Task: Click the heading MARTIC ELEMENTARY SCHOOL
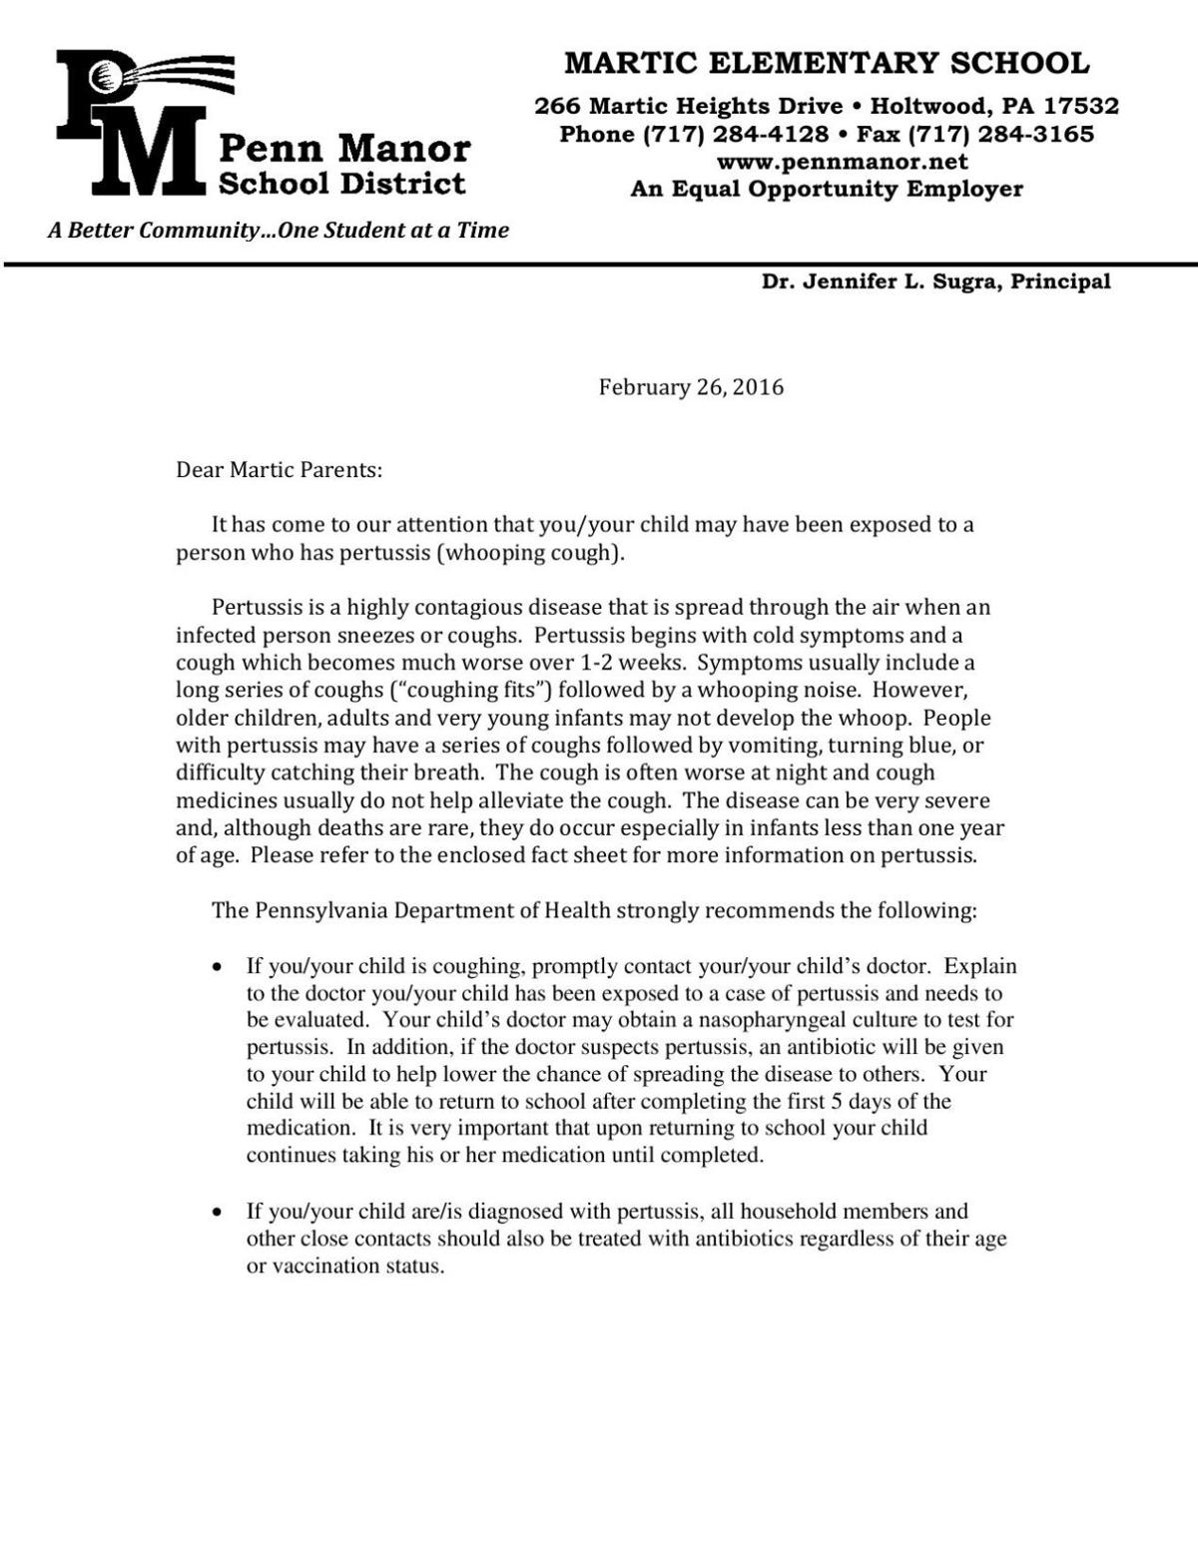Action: tap(827, 64)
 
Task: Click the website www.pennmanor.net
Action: tap(842, 162)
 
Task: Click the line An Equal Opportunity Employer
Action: tap(827, 189)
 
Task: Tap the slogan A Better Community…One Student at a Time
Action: tap(279, 231)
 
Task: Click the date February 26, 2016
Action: tap(691, 387)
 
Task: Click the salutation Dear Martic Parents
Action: tap(279, 469)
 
